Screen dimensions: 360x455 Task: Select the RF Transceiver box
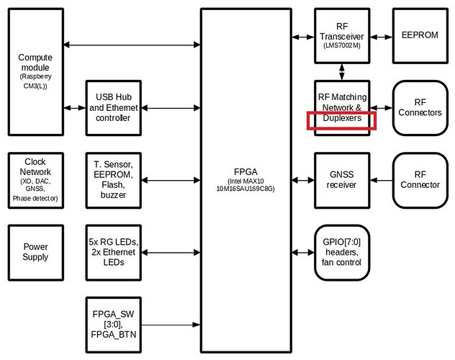point(343,35)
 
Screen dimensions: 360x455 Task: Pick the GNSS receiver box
point(343,179)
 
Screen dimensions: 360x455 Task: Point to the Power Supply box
point(35,251)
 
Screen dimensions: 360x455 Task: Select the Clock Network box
point(35,179)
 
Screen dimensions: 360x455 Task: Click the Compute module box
point(35,72)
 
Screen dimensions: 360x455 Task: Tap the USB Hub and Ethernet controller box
point(112,107)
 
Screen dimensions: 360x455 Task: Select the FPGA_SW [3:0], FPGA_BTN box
point(112,324)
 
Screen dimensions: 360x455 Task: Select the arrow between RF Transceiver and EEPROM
point(380,35)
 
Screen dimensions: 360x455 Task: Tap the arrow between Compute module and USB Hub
point(74,107)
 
